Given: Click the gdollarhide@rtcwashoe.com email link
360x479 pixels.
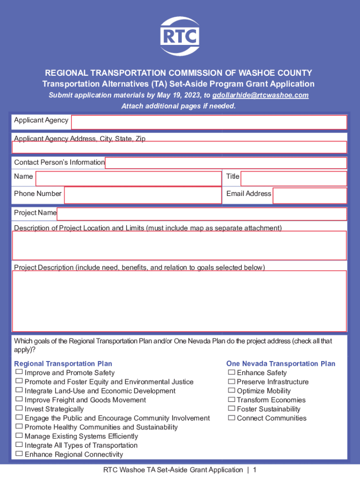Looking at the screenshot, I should tap(260, 95).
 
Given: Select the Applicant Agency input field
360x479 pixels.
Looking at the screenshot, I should tap(209, 122).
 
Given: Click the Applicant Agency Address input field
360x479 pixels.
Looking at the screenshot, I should tap(179, 147).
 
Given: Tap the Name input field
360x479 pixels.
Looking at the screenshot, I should tap(128, 179).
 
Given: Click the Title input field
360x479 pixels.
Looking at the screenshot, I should tap(294, 179).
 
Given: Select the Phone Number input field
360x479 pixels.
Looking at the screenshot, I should tap(143, 196).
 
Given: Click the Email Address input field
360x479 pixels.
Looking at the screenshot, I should tap(310, 196).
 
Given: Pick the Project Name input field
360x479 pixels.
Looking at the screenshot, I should tap(202, 214).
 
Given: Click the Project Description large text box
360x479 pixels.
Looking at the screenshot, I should tap(179, 301).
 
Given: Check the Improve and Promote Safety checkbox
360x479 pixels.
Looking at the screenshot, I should tap(19, 372).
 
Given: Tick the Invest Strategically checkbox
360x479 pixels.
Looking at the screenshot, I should tap(19, 408).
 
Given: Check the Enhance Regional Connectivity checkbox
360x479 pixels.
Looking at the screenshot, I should tap(19, 454).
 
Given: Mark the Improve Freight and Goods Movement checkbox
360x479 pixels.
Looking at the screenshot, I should tap(19, 399).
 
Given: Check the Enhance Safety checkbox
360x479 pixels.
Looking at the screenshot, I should tap(231, 372).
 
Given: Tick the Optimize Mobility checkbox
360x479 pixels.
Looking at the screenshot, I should tap(231, 390).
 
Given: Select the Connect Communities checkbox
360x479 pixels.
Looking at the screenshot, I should tap(231, 418).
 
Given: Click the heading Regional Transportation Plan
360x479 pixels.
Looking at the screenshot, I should tap(63, 363).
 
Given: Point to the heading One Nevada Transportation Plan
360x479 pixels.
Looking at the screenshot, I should tap(281, 363).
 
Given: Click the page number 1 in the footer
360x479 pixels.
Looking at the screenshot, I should tap(255, 470).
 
